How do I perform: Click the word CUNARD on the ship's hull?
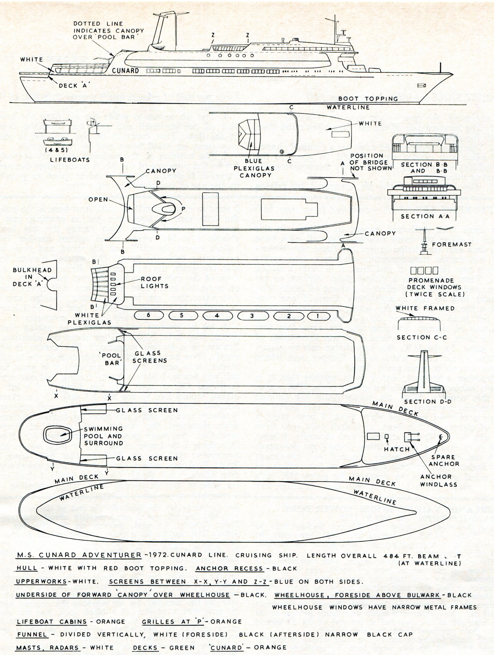(x=126, y=71)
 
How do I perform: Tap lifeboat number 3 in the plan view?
(x=252, y=316)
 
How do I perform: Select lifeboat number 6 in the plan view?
(x=148, y=315)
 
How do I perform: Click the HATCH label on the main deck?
(x=397, y=449)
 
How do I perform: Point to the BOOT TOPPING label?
(x=368, y=99)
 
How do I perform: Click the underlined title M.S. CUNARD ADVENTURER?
(x=79, y=555)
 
